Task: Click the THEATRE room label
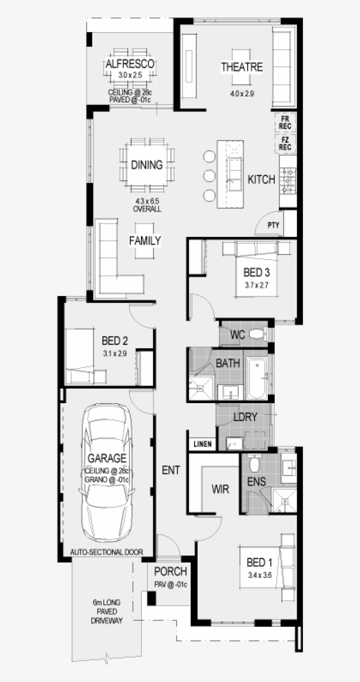tap(242, 67)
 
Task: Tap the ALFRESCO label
tap(130, 64)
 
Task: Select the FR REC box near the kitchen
tap(285, 122)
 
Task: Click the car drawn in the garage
tap(107, 474)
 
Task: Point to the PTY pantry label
tap(274, 225)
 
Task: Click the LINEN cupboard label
tap(202, 444)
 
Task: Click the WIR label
tap(220, 489)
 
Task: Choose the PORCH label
tap(170, 572)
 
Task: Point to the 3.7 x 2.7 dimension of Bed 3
tap(256, 285)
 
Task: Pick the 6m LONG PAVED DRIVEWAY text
tap(107, 611)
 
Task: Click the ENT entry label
tap(171, 470)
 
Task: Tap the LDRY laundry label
tap(245, 417)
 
